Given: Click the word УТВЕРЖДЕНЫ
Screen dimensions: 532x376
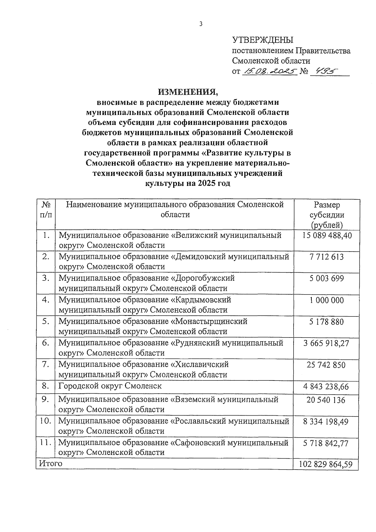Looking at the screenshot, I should (263, 40).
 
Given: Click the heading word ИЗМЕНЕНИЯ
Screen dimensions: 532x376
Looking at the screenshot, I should (187, 92).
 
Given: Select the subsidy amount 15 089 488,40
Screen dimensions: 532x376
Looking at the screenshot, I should (327, 236).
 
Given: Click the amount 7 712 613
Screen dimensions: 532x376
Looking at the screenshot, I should (326, 257).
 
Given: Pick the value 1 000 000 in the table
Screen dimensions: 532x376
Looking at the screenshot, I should (326, 301).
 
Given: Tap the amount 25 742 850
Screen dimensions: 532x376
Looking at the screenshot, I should (326, 365).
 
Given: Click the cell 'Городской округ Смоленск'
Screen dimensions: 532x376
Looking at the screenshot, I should (110, 386).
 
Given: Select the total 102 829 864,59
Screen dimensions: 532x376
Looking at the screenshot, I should (326, 464).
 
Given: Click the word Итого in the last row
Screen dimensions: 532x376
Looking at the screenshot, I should (50, 463).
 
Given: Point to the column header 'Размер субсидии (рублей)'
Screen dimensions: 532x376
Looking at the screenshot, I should (327, 215).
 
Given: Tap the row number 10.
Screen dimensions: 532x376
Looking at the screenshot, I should (46, 421).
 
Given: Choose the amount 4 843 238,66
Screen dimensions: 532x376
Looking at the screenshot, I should (326, 387).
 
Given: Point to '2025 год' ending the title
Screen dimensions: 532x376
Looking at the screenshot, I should (214, 184).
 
